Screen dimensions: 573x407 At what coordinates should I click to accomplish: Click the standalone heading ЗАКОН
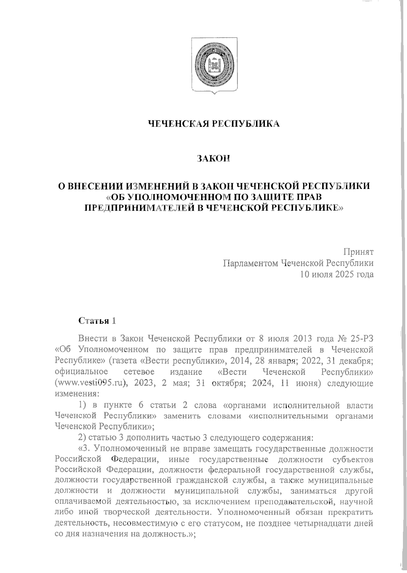pos(214,158)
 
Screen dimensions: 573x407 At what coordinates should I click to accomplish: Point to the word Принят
pos(358,252)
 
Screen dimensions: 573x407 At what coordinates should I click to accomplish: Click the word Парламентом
pos(249,263)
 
